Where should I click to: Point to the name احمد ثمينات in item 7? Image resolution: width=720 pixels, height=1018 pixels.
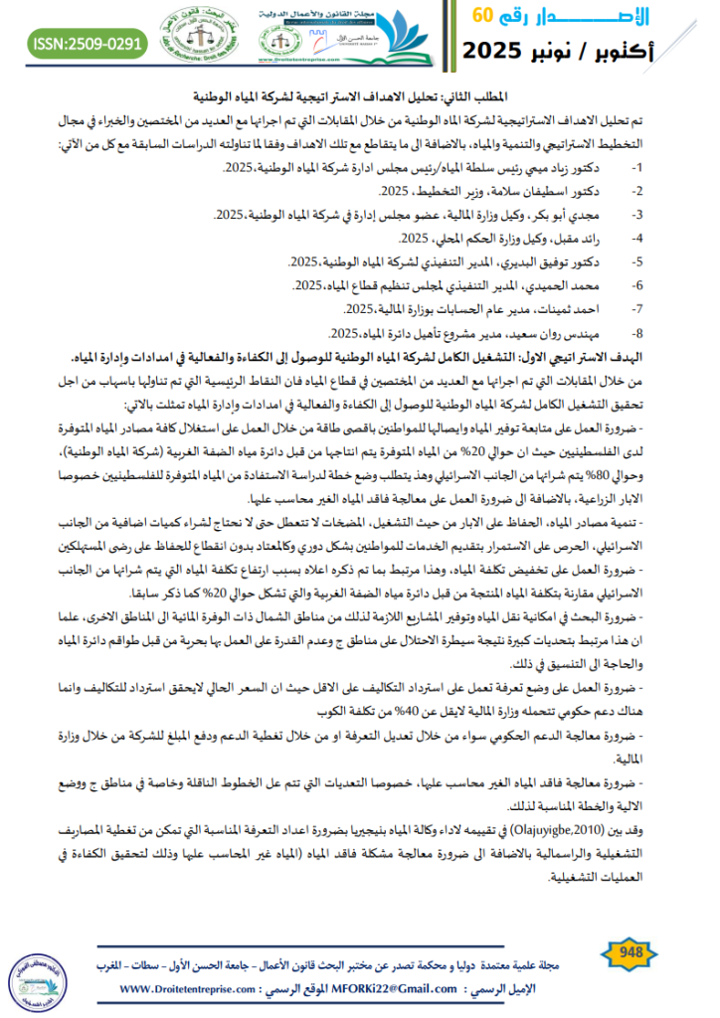click(564, 310)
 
